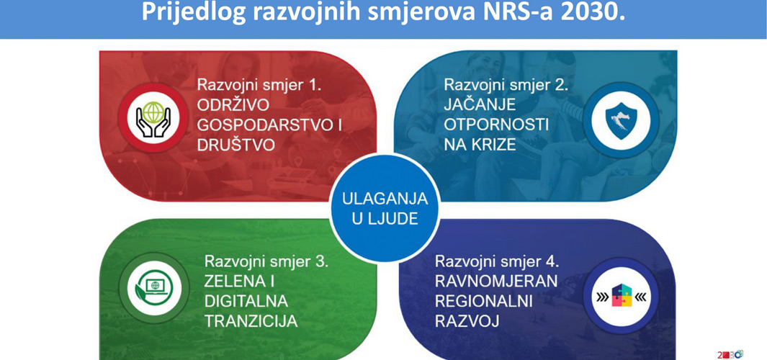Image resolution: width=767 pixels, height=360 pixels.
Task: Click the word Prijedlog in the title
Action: coord(194,13)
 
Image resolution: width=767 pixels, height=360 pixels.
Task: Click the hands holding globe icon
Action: coord(153,118)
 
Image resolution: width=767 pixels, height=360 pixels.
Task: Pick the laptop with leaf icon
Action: coord(154,287)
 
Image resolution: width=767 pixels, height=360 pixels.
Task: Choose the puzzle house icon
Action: coord(621,296)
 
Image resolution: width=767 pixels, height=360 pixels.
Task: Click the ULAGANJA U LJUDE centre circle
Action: coord(385,207)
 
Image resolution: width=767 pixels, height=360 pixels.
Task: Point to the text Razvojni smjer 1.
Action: coord(259,84)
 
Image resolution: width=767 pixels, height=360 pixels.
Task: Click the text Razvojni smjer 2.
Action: coord(506,84)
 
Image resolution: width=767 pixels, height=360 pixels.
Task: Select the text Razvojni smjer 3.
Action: coord(266,261)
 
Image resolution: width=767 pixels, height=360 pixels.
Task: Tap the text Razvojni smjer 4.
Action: coord(496,261)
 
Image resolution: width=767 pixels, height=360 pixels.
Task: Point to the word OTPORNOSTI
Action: coord(496,125)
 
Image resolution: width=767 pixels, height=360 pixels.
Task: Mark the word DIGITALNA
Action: coord(246,301)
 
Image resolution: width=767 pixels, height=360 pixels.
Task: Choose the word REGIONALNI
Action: coord(483,301)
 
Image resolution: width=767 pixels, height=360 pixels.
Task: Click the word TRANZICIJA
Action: coord(251,321)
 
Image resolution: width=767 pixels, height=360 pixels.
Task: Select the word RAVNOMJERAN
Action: coord(496,282)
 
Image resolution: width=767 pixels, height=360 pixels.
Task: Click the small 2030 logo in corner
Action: coord(730,354)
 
